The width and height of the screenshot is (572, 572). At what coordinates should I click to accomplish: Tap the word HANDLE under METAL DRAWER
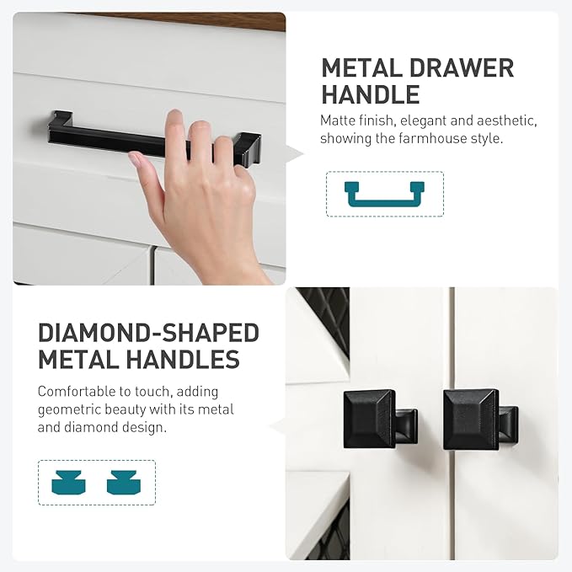[371, 94]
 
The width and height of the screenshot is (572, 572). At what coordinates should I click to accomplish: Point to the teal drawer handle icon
[384, 200]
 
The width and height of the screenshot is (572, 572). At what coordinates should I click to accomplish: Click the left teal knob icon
[68, 483]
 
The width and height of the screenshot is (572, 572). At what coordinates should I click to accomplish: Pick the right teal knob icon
[124, 483]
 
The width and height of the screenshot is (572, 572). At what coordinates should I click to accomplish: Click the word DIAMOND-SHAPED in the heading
[148, 333]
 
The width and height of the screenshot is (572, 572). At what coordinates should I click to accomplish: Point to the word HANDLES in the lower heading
[183, 360]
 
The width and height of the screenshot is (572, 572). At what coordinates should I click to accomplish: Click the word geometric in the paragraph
[69, 410]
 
